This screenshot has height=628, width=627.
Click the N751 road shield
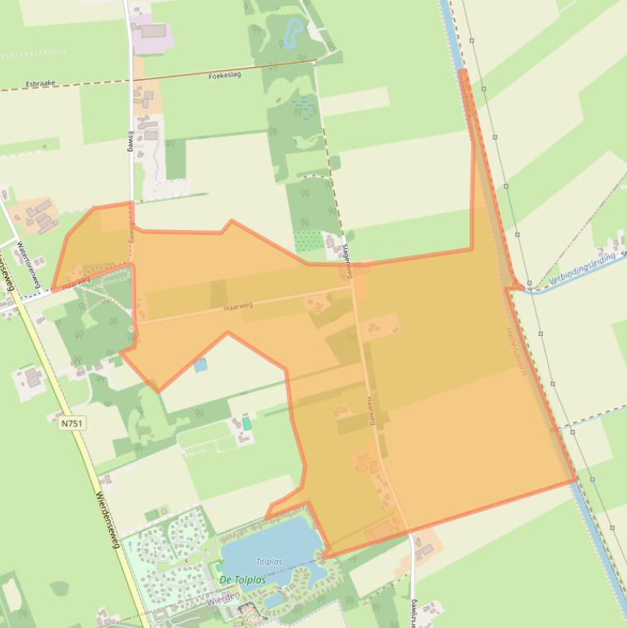click(x=72, y=423)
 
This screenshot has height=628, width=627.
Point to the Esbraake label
click(x=40, y=82)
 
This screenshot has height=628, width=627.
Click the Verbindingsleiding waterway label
click(x=582, y=268)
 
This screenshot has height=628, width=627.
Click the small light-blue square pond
click(x=201, y=365)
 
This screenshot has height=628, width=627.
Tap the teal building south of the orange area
click(x=247, y=424)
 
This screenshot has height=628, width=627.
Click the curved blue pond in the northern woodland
click(x=291, y=33)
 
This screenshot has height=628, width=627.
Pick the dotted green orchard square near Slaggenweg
click(x=308, y=241)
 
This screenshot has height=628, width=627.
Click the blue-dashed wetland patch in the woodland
click(x=305, y=106)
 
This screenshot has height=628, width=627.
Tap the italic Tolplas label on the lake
click(x=269, y=561)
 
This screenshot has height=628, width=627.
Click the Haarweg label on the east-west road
click(x=237, y=306)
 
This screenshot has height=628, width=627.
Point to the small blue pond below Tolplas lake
click(x=275, y=600)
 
